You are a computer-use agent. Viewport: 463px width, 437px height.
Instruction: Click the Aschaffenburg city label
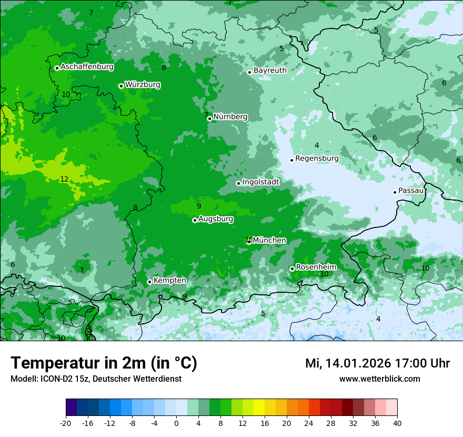[x=87, y=67]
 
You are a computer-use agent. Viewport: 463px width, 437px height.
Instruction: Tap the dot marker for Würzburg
[x=121, y=86]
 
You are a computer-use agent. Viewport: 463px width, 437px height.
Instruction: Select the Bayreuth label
[x=270, y=70]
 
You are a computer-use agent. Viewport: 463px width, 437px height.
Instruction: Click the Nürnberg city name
[x=230, y=117]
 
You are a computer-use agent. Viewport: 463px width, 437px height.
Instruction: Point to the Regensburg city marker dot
[x=291, y=160]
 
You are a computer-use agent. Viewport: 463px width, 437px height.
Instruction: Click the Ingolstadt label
[x=260, y=182]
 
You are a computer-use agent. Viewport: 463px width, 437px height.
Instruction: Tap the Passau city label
[x=411, y=191]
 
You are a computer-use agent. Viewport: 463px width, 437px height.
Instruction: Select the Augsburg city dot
[x=195, y=220]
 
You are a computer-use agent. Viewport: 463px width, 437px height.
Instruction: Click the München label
[x=269, y=240]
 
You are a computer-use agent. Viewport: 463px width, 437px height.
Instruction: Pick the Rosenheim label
[x=316, y=267]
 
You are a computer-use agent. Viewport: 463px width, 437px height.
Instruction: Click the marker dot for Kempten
[x=149, y=282]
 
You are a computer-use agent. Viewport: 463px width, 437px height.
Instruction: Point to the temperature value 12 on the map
[x=64, y=180]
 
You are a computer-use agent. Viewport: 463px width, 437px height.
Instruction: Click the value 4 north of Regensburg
[x=317, y=145]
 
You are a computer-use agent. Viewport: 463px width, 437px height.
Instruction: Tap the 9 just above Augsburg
[x=199, y=206]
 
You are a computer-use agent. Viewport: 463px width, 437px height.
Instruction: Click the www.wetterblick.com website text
[x=379, y=379]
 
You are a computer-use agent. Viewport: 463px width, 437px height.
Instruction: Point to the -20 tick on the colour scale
[x=66, y=423]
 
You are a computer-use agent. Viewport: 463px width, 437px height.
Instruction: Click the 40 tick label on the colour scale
[x=397, y=423]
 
